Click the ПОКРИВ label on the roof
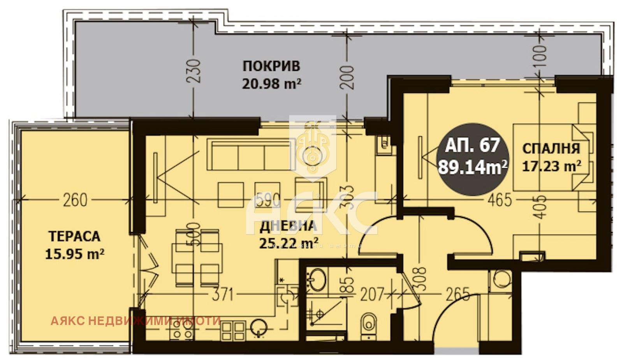pos(271,66)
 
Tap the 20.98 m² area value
pos(271,84)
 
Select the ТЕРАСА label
pos(74,236)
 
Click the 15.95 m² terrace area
pos(74,254)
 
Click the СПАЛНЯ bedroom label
pos(551,148)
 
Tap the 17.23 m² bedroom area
pos(551,167)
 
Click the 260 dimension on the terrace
pos(75,200)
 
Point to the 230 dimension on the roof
pos(194,70)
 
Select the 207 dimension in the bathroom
pos(372,295)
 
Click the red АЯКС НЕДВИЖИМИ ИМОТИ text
pos(136,321)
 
